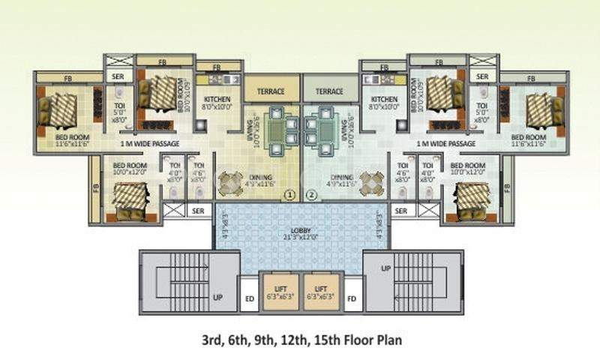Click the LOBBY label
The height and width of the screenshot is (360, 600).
click(x=301, y=232)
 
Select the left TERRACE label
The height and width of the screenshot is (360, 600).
click(x=271, y=91)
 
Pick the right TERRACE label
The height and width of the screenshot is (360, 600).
click(x=329, y=91)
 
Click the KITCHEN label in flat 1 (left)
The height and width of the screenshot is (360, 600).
click(x=217, y=100)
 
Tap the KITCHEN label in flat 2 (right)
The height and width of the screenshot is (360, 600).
click(x=383, y=100)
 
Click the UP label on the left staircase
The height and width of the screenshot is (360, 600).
click(x=217, y=297)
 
